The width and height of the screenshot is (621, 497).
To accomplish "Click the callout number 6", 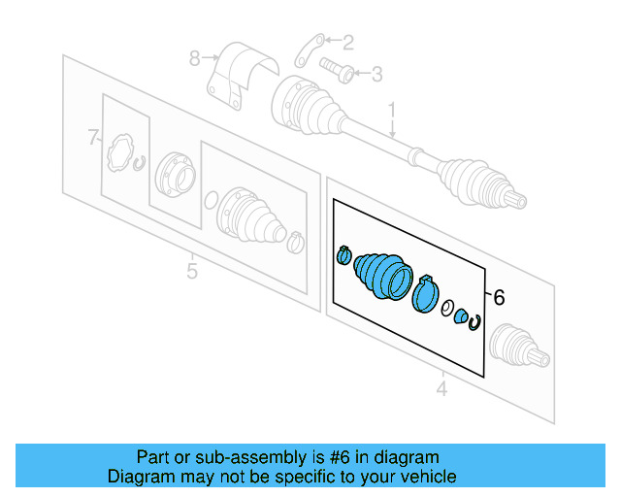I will point(499,299).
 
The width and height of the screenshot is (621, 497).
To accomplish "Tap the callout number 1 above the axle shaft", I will point(393,109).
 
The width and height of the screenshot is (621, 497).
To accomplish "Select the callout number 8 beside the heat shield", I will point(194,58).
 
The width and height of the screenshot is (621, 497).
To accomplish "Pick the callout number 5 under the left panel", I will point(191,271).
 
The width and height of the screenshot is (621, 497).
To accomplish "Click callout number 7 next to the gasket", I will point(93,138).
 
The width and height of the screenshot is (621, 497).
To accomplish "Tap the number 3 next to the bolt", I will point(377,73).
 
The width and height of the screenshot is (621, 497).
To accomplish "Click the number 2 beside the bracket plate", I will point(348,41).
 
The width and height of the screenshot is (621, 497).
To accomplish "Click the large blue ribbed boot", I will point(382,275).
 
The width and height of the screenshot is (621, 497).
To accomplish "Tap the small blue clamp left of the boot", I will point(343,256).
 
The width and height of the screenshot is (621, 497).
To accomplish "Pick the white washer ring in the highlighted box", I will point(447,310).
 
